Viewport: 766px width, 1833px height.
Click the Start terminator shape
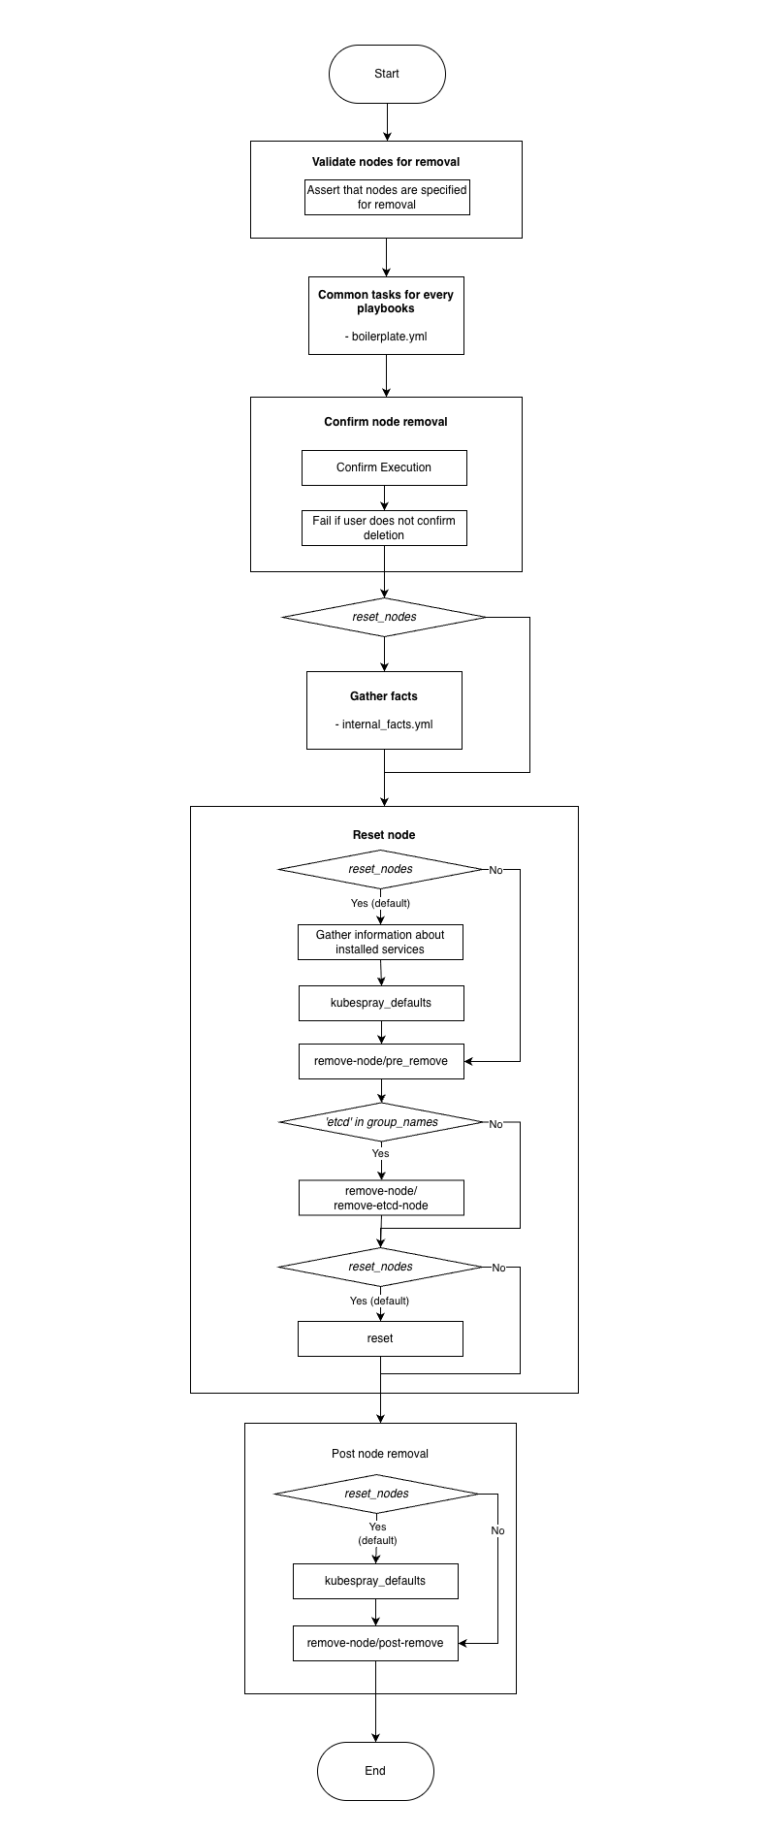tap(387, 74)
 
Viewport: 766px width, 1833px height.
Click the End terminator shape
tap(375, 1771)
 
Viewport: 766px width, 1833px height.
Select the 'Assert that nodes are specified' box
tap(387, 197)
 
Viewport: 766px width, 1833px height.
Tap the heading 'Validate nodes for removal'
tap(386, 162)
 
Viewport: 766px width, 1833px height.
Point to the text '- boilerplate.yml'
tap(386, 337)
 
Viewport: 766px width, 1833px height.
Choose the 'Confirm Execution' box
tap(384, 467)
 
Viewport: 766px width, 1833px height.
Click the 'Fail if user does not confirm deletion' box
tap(384, 528)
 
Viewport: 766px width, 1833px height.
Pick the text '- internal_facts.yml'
tap(384, 724)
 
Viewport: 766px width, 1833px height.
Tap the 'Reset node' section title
tap(384, 835)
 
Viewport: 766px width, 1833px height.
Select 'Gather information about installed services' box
tap(380, 942)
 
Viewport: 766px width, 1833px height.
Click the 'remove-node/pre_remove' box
tap(381, 1061)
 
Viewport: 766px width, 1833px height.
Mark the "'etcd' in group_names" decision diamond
tap(381, 1122)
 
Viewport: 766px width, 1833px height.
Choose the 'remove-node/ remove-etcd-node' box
tap(381, 1198)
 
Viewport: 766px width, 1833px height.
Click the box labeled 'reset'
tap(380, 1338)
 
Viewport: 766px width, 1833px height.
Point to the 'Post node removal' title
tap(380, 1454)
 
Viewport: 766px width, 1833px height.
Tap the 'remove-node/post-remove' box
tap(375, 1643)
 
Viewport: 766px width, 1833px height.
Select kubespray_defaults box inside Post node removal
tap(375, 1581)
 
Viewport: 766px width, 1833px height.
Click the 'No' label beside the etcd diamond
tap(495, 1124)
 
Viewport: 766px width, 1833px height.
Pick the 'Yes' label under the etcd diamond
tap(380, 1153)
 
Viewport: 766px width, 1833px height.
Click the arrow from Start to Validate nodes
tap(387, 121)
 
